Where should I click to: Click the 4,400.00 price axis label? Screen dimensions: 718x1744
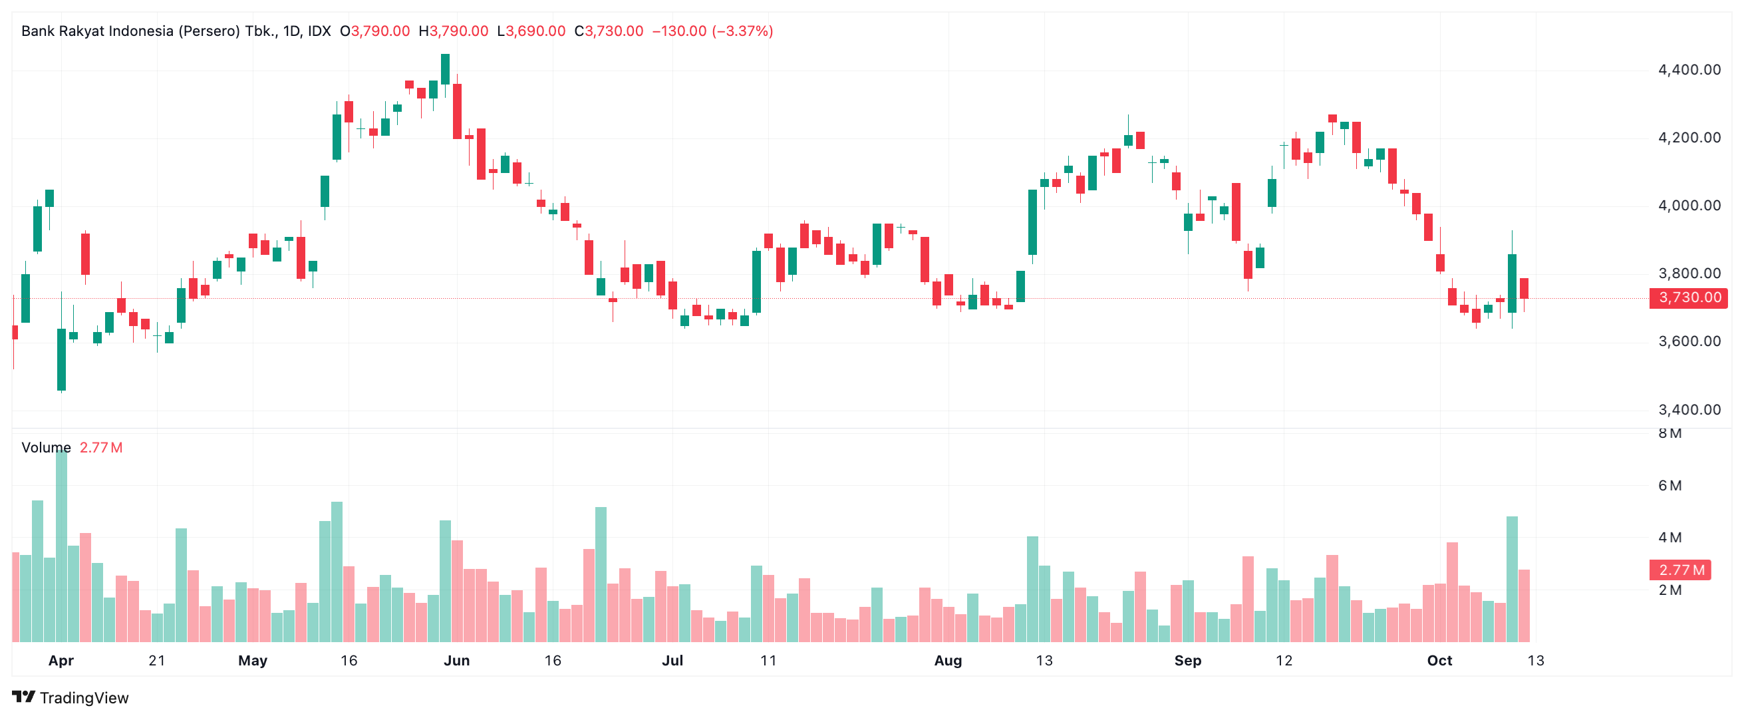1689,70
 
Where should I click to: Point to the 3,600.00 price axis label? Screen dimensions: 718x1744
1689,341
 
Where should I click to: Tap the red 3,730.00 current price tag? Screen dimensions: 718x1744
1689,297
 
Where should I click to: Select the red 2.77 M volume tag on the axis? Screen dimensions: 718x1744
1679,570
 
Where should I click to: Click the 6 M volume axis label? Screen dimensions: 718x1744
1670,486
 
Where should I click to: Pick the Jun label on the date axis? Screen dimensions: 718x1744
456,660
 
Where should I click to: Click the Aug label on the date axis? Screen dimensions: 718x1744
947,660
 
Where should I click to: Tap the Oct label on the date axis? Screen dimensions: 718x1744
1439,660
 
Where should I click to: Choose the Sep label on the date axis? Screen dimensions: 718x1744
1187,660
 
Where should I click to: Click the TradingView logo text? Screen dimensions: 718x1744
83,697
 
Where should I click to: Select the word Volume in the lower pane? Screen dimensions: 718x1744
46,448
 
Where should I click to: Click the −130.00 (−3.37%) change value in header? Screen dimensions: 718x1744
712,31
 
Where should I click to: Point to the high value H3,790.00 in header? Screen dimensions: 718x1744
453,31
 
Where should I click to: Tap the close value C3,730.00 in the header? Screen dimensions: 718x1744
608,31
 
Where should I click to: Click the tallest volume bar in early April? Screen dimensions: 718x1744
62,545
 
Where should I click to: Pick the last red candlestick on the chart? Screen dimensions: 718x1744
1523,289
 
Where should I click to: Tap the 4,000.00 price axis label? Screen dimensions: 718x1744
1689,206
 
